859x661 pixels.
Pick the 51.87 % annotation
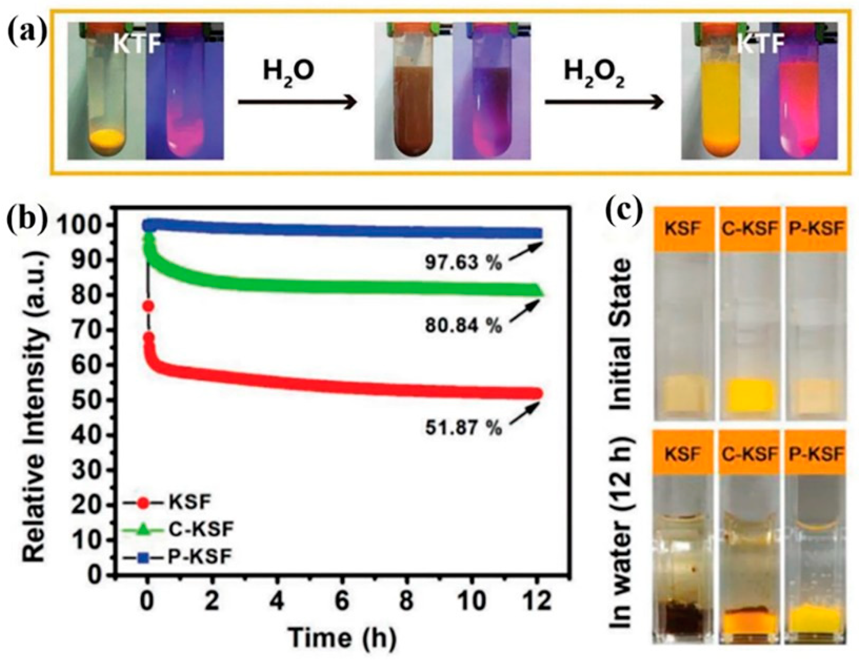463,428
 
